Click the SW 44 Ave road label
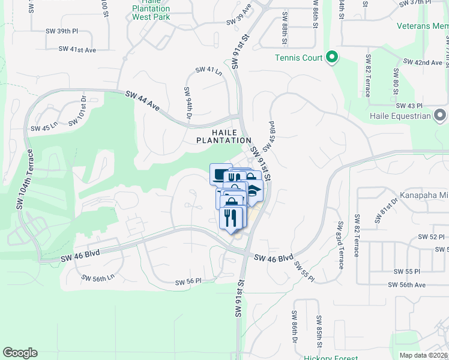(x=143, y=101)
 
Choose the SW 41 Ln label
(x=208, y=71)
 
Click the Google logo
(x=20, y=353)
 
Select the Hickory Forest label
(x=313, y=357)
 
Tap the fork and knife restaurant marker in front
(x=231, y=217)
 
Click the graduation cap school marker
(x=254, y=191)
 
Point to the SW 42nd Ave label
(x=423, y=62)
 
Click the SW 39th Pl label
(x=62, y=31)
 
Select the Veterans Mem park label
(x=422, y=26)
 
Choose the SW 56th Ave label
(x=409, y=285)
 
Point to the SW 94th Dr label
(x=187, y=101)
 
